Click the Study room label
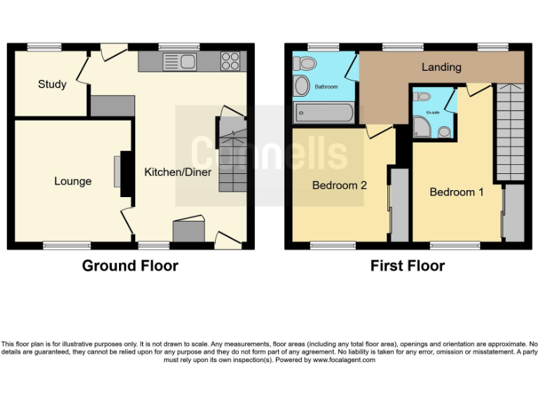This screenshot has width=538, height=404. click(x=52, y=84)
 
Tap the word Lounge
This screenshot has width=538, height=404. click(x=73, y=181)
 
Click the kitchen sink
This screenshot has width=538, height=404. click(x=181, y=62)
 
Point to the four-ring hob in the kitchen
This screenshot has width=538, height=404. click(x=230, y=62)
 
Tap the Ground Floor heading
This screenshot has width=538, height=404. click(x=130, y=266)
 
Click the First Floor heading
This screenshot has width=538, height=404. click(x=407, y=266)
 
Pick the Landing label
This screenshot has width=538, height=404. click(x=441, y=67)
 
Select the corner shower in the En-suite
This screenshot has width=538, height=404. click(x=422, y=127)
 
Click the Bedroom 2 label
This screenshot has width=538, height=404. click(x=340, y=186)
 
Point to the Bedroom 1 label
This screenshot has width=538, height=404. click(x=456, y=191)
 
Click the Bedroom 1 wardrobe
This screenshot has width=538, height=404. click(x=513, y=213)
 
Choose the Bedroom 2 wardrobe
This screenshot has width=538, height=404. click(x=399, y=203)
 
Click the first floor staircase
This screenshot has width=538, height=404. click(x=509, y=132)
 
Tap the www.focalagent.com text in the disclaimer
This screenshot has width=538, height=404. click(x=344, y=360)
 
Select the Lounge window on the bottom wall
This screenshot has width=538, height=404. click(x=67, y=245)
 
